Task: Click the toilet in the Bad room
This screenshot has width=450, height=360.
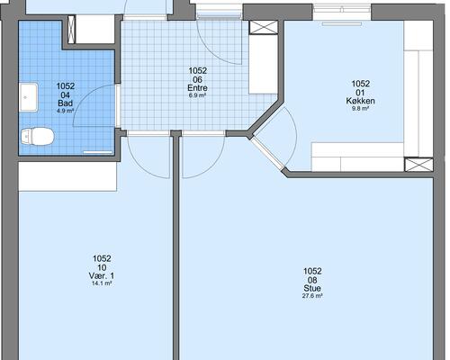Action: coord(38,136)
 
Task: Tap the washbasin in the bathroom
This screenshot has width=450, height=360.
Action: coord(29,97)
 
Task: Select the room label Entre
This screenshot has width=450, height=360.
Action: coord(197,88)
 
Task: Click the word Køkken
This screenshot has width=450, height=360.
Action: coord(360,101)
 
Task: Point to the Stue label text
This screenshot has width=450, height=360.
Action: coord(312,288)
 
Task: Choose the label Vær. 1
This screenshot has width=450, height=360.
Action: coord(102,275)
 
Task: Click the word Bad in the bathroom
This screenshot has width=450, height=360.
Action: coord(66,103)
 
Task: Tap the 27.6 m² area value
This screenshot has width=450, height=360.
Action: coord(312,296)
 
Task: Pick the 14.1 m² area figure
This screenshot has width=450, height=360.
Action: coord(102,283)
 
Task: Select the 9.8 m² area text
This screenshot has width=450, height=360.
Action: coord(360,108)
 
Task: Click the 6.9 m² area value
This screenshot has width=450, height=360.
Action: coord(197,95)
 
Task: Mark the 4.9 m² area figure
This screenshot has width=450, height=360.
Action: coord(66,111)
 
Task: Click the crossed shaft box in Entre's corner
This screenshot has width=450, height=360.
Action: coord(264,27)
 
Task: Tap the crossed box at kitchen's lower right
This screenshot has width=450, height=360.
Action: coord(418,165)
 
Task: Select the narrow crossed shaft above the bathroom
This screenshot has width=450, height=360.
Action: coord(71,30)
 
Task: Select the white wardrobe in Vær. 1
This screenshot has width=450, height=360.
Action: coord(67,176)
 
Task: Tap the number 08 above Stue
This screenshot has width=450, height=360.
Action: coord(312,280)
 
